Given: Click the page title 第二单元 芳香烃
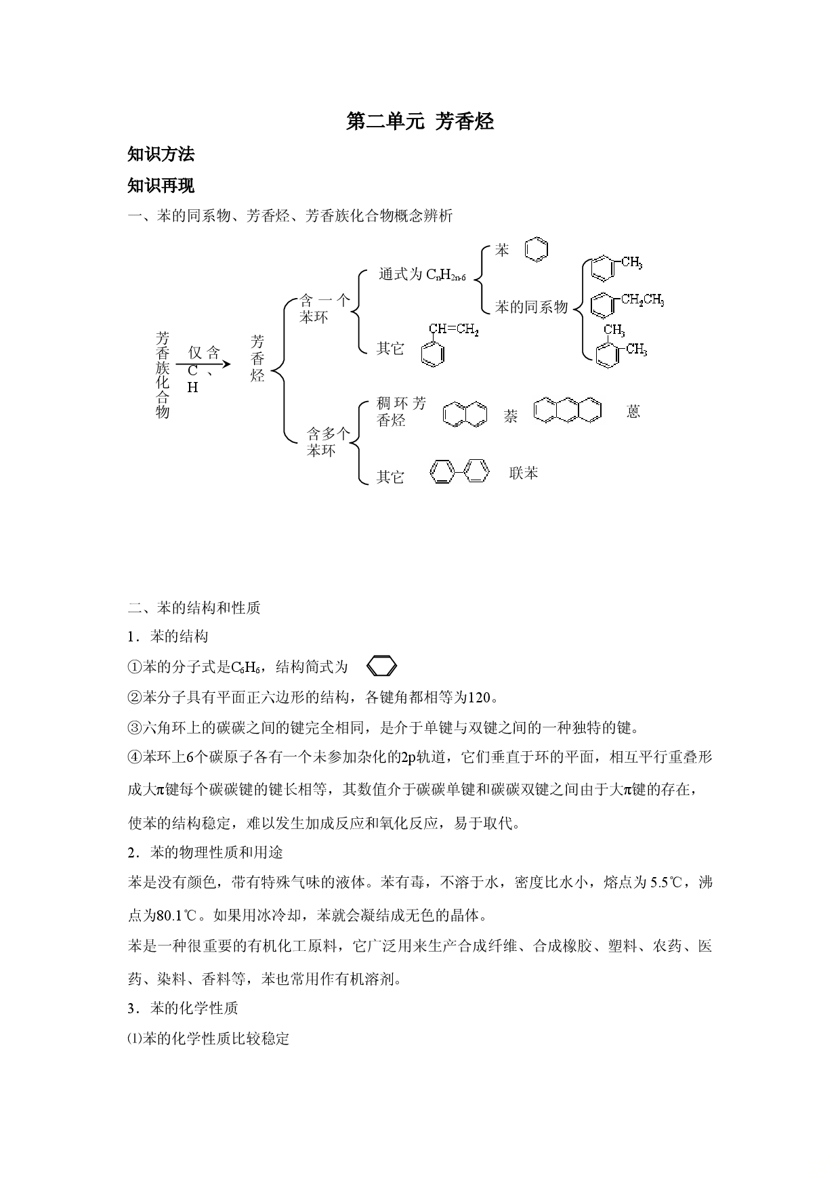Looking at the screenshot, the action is (x=420, y=122).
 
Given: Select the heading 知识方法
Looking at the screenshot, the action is (x=161, y=154).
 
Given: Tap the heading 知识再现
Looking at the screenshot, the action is (x=161, y=186).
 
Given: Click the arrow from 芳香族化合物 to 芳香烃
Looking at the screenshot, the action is (x=203, y=364).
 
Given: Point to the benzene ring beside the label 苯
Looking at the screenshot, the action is (x=537, y=249).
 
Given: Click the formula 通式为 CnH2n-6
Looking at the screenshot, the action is (x=422, y=275).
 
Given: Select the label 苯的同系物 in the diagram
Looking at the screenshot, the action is (x=531, y=307).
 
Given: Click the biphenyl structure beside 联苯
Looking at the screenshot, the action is (x=459, y=471).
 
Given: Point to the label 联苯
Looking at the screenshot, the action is (x=524, y=473).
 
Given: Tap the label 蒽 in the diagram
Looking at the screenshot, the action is (x=633, y=411).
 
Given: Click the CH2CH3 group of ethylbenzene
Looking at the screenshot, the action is (x=643, y=300).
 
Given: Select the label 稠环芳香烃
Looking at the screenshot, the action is (x=402, y=412).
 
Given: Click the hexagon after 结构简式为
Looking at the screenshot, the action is (x=381, y=667).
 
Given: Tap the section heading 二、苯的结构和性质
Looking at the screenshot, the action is (x=194, y=608).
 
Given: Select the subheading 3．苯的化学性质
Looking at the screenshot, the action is (x=183, y=1008).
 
